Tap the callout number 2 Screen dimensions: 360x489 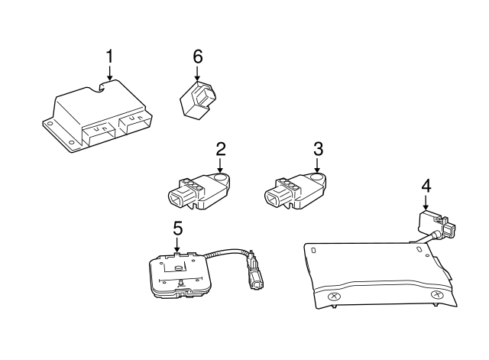click(220, 148)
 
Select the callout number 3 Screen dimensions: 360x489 click(318, 148)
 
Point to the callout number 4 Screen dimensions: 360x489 click(426, 186)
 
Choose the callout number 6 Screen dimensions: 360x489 click(198, 56)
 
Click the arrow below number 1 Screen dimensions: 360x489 click(109, 73)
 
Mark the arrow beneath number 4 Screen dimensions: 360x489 click(426, 203)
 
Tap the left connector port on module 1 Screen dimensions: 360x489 click(99, 131)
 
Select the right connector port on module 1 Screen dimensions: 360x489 click(132, 123)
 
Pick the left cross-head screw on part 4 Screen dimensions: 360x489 click(333, 297)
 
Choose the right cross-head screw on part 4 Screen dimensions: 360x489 click(436, 295)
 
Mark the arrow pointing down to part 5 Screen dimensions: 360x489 click(177, 245)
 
